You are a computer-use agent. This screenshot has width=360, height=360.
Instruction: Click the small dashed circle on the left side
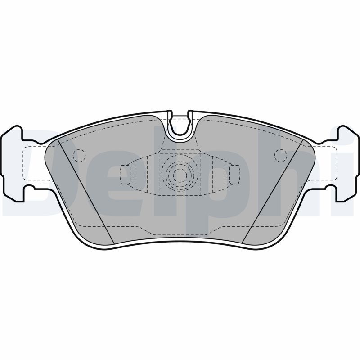coord(79,155)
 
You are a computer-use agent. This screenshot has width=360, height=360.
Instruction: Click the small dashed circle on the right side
coord(281,155)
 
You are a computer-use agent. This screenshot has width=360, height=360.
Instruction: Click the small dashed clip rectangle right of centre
coord(234,175)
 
